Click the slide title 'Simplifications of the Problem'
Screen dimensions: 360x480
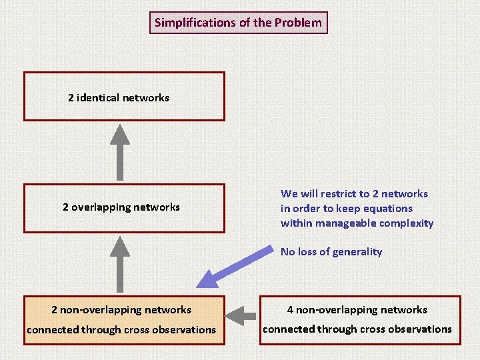click(x=238, y=23)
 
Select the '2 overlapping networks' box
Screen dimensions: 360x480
click(x=124, y=208)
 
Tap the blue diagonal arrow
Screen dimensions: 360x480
click(x=233, y=267)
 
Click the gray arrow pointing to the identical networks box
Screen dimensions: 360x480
click(x=119, y=151)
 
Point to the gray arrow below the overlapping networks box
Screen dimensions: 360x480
click(x=119, y=263)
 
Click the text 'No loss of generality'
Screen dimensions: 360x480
click(x=331, y=252)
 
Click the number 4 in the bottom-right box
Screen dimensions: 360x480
click(x=290, y=310)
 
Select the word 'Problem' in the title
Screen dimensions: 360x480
click(x=298, y=23)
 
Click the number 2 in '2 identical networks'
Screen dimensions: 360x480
click(x=71, y=98)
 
